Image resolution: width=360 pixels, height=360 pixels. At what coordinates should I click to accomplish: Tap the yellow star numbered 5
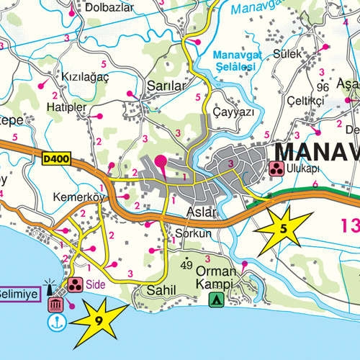283,229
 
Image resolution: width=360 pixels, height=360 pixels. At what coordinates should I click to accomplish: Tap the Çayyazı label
233,113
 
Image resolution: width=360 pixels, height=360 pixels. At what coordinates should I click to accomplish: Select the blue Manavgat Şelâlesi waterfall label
235,60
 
